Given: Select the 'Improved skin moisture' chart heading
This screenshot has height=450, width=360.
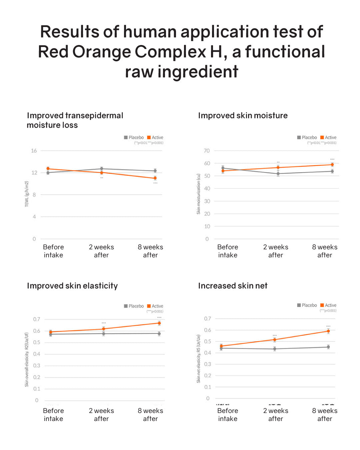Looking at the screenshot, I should pos(243,116).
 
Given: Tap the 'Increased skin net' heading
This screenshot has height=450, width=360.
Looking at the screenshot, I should pos(233,286).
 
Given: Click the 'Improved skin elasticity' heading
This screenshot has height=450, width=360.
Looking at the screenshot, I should pos(72,286).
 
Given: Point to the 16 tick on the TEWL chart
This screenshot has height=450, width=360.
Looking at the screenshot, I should pos(34,151).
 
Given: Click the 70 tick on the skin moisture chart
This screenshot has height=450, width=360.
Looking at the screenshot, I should pos(207,151).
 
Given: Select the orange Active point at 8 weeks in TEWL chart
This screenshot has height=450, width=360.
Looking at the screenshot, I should pos(155,178).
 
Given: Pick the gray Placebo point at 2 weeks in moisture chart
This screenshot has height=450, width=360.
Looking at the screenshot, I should pos(278,174).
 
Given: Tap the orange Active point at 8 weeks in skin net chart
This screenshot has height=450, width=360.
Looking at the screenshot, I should pos(328,331).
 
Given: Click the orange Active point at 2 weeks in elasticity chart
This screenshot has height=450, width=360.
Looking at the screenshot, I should pos(104,329).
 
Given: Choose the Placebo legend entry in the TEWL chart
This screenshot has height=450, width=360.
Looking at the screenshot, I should pos(134,137).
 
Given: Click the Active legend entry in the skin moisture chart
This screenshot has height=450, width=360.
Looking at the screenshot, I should pos(328,137).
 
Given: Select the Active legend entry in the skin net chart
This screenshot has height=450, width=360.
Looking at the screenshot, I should pos(328,305).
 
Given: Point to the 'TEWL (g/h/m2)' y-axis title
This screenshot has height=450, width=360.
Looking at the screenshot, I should pos(27,194).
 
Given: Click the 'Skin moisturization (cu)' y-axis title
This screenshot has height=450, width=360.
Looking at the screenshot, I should pos(199,194).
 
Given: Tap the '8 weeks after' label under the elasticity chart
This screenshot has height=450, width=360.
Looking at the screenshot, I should pos(150,415).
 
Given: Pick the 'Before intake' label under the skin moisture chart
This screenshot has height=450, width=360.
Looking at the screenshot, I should pos(228,251).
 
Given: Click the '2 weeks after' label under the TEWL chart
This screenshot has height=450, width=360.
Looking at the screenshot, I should pos(101,251).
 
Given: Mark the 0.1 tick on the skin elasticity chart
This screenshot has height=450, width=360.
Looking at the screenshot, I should pos(37,389).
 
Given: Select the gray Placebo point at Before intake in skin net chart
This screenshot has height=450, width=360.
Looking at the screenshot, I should pos(221,348).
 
